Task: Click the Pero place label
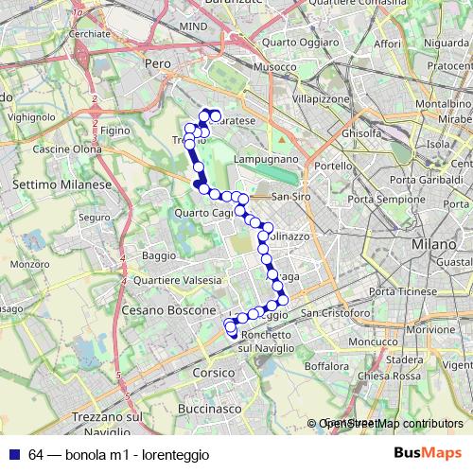157,61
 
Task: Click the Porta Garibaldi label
423,179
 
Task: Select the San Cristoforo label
333,312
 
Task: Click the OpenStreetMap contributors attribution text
389,425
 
